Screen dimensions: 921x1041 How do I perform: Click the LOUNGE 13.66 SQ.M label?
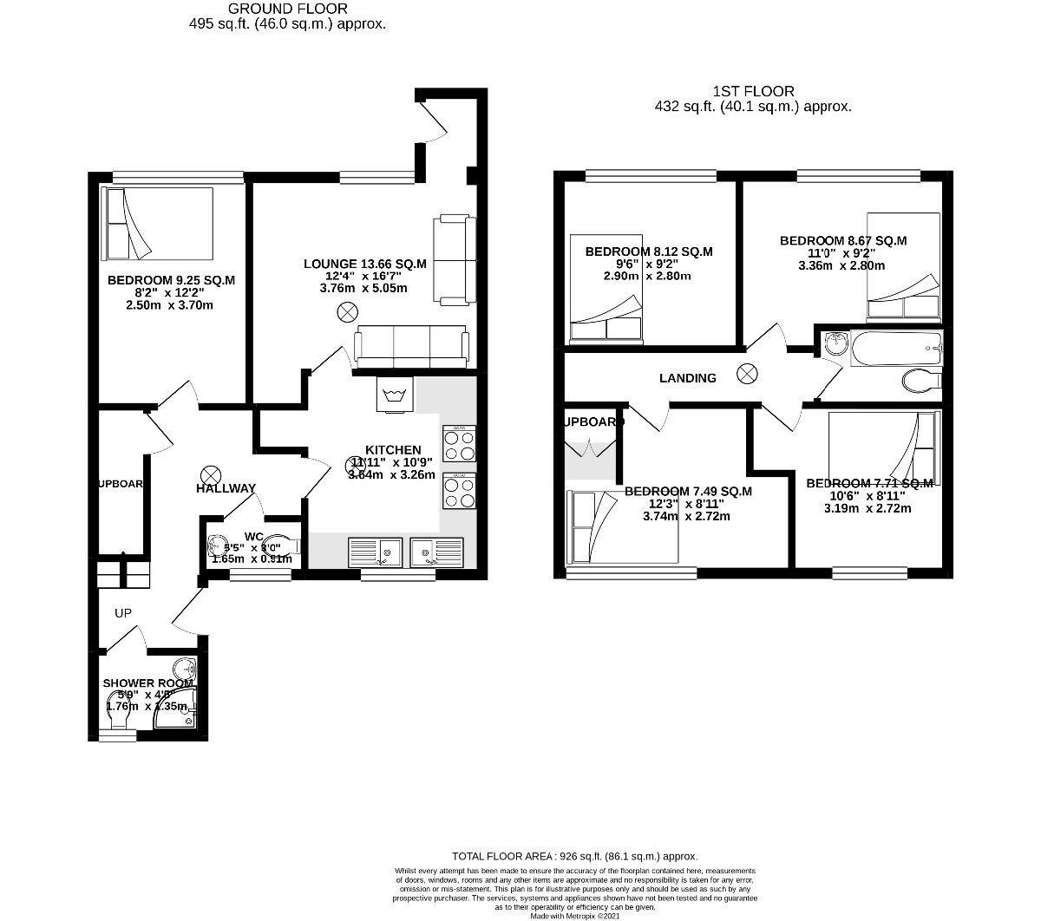364,264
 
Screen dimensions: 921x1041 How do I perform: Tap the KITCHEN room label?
392,450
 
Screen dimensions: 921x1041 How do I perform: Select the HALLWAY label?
225,488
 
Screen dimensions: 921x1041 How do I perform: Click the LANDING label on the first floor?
687,378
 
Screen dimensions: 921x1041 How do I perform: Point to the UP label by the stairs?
123,613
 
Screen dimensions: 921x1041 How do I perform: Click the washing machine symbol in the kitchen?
395,395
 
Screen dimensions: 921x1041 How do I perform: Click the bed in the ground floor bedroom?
157,224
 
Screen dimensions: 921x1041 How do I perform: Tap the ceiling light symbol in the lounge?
347,310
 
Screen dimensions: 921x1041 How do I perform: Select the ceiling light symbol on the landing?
746,375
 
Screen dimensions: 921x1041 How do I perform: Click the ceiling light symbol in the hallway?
209,474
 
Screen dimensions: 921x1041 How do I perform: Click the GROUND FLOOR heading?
287,10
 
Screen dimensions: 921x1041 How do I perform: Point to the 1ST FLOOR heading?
753,91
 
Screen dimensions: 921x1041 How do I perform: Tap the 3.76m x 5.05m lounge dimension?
364,288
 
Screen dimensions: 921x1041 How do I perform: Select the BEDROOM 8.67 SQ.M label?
842,240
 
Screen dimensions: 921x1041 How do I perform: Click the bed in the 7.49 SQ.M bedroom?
622,530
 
